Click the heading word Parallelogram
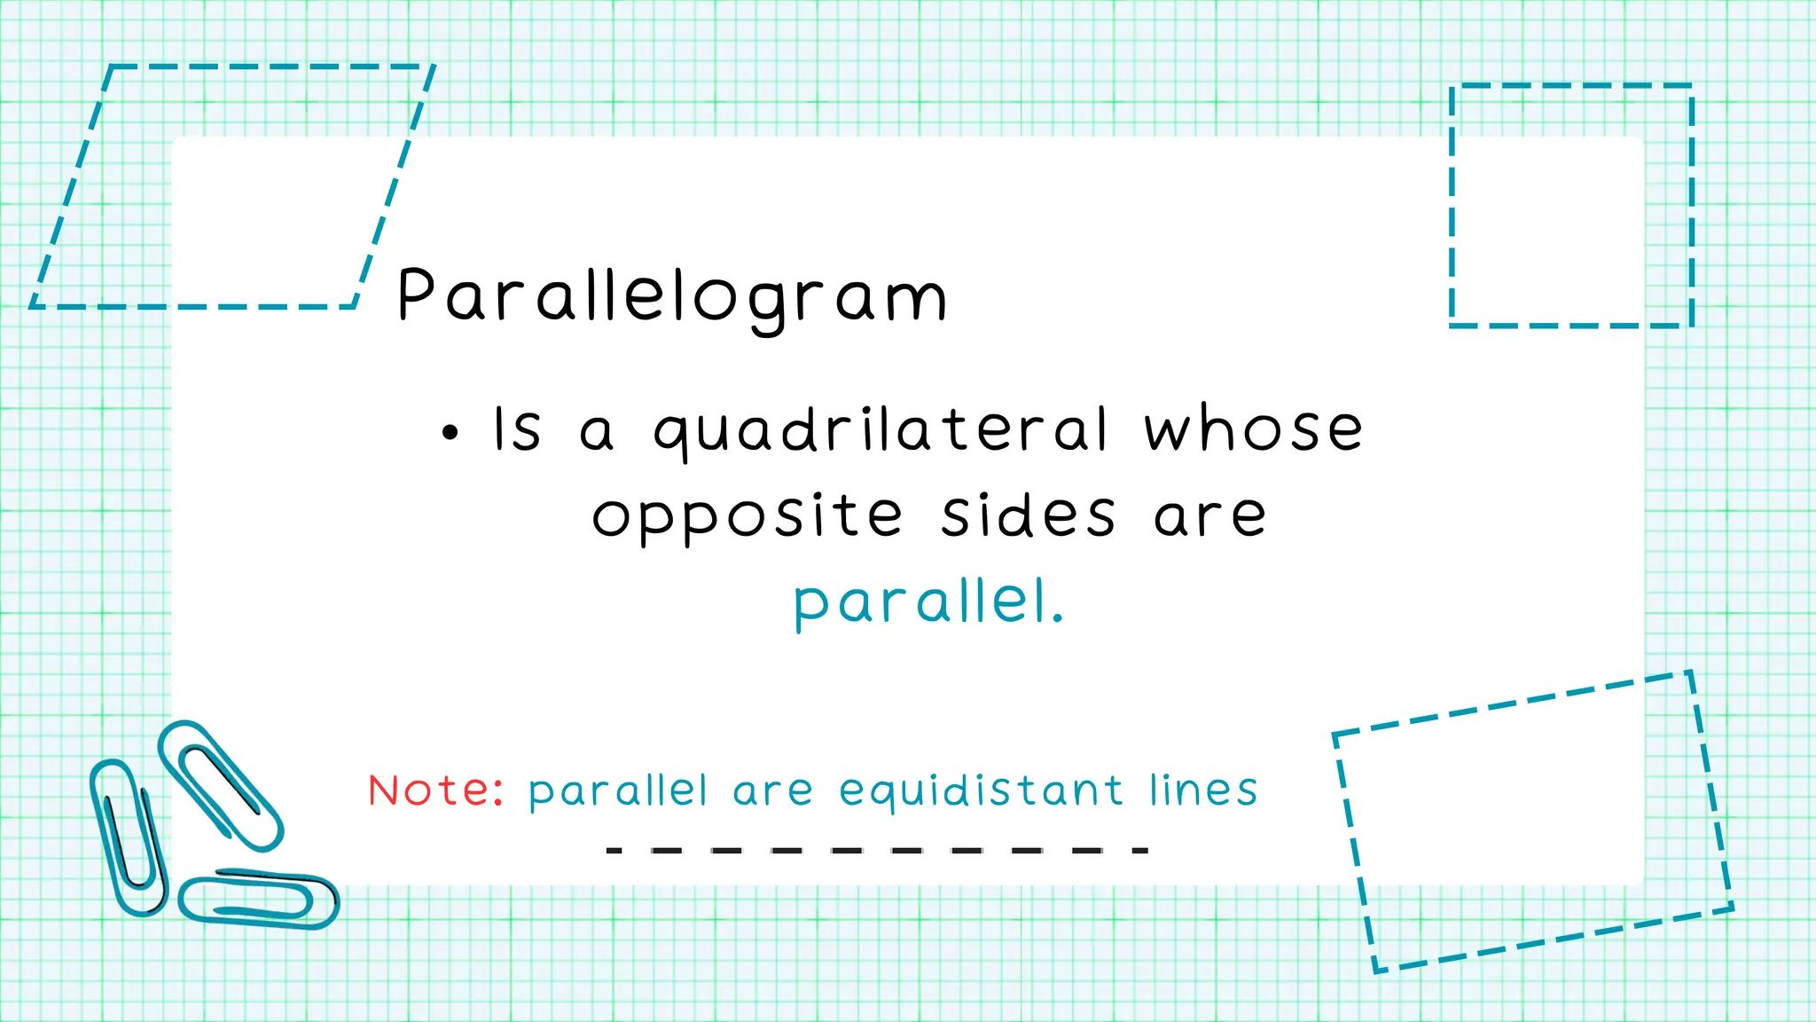click(672, 295)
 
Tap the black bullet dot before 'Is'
click(450, 433)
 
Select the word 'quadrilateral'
click(881, 431)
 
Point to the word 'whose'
click(1253, 429)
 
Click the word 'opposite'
click(747, 517)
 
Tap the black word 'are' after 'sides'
click(1210, 517)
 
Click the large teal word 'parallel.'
click(928, 603)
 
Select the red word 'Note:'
click(435, 790)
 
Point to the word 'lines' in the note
click(1203, 790)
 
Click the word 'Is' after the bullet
click(516, 429)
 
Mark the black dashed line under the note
click(877, 850)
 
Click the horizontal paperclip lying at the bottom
click(258, 899)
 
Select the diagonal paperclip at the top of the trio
click(221, 784)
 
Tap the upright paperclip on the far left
click(129, 837)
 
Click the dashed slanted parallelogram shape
click(232, 67)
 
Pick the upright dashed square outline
click(1571, 86)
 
